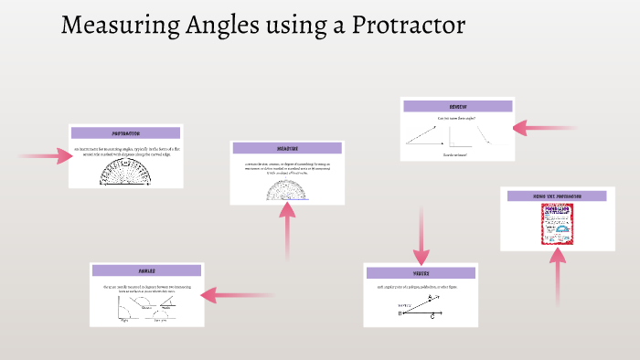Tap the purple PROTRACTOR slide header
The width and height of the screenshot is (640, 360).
(126, 132)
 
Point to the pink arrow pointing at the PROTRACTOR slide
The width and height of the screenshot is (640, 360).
(46, 156)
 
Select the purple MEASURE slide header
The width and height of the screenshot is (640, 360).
(287, 148)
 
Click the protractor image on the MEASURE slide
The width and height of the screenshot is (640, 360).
(287, 190)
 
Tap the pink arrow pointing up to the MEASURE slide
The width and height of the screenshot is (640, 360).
(287, 233)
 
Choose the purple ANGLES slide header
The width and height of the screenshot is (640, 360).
(146, 271)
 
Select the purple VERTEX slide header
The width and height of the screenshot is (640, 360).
(421, 272)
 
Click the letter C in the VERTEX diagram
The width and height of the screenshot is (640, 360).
(432, 316)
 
